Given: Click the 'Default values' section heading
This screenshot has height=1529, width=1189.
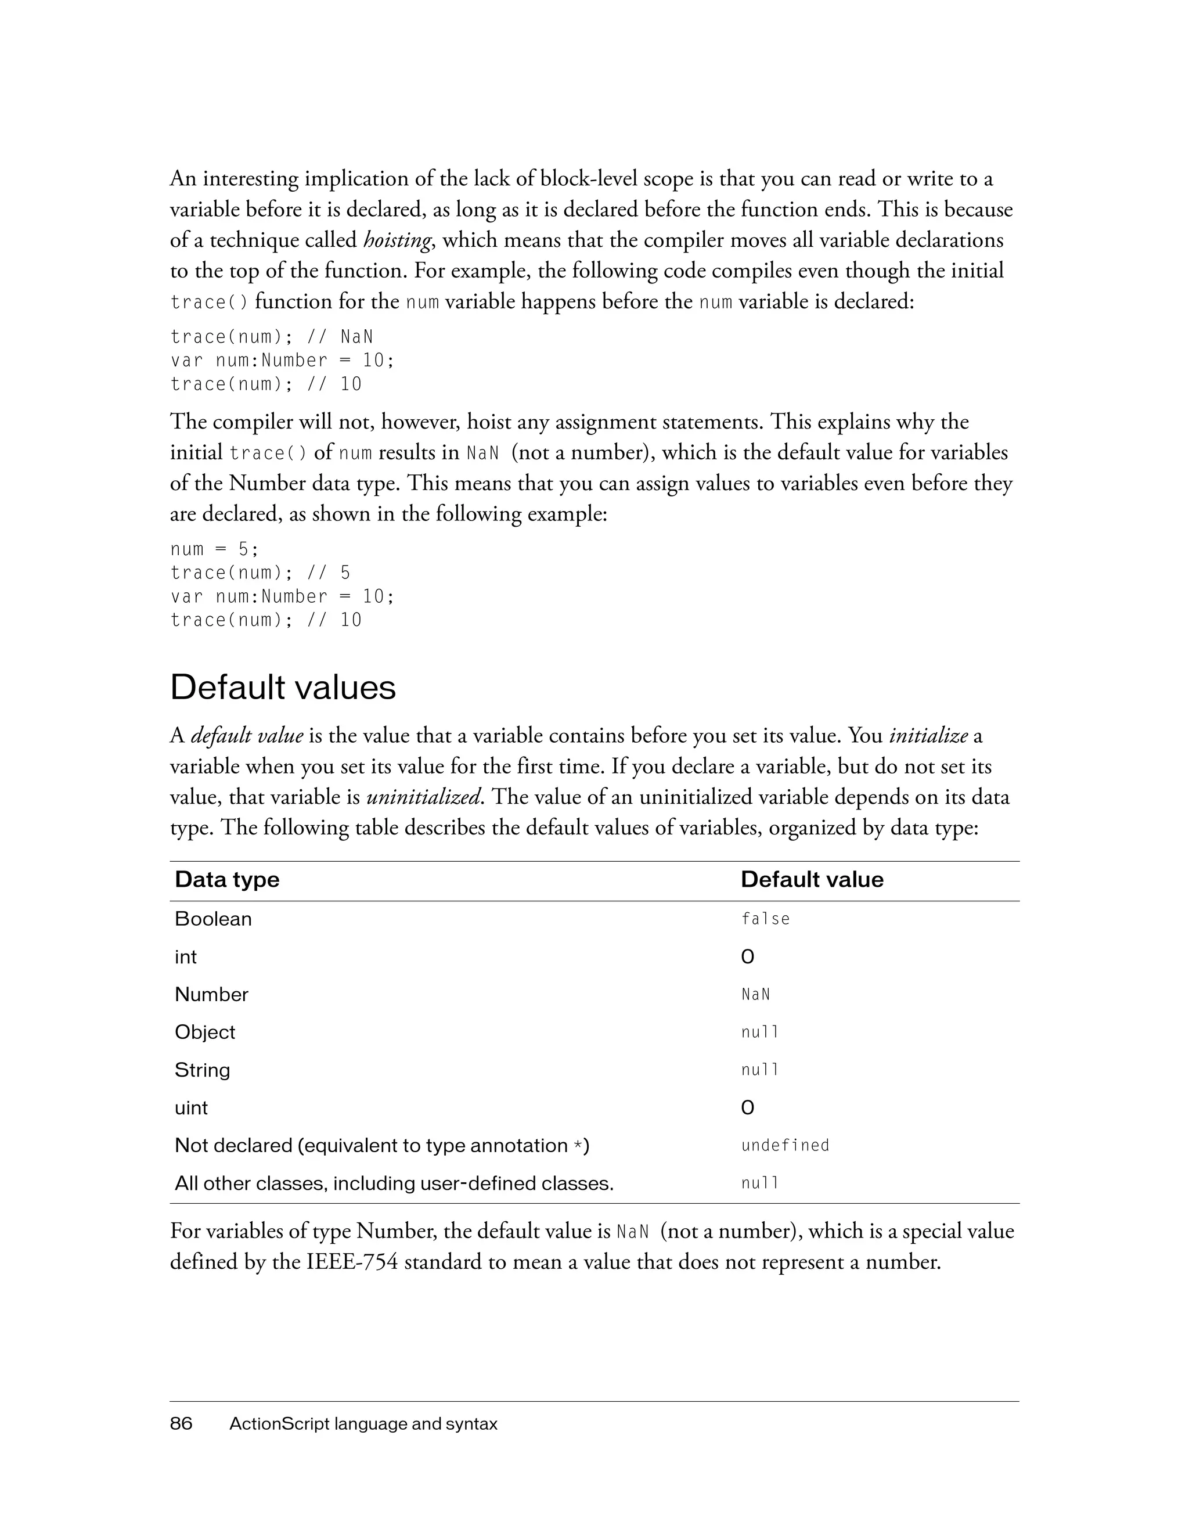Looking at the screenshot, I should click(x=283, y=687).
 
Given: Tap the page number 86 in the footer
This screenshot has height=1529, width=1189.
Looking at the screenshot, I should click(x=181, y=1423).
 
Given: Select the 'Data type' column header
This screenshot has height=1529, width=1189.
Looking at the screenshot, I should click(x=227, y=879).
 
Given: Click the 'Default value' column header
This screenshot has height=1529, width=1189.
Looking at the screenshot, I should click(x=812, y=879).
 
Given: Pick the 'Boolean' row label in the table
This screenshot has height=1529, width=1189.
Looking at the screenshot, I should click(x=212, y=919).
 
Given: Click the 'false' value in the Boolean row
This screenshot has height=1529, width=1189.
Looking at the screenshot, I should click(x=765, y=919).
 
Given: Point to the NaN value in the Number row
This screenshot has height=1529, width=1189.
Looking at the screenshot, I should click(x=755, y=994).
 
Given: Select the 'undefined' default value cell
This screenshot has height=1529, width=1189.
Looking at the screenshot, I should click(x=784, y=1145).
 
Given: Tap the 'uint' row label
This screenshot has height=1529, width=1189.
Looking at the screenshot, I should click(x=191, y=1107).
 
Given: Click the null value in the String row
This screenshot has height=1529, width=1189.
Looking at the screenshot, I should click(x=759, y=1070).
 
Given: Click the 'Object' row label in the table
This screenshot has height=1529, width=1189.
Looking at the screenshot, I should click(x=204, y=1032).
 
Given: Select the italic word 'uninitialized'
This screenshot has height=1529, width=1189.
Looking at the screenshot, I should click(x=424, y=797).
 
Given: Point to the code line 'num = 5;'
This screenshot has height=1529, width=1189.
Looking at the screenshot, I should click(x=214, y=549).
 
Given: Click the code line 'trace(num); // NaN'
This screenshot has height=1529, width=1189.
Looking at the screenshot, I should click(x=272, y=337).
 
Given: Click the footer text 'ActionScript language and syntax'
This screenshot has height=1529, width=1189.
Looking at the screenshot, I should click(x=363, y=1423).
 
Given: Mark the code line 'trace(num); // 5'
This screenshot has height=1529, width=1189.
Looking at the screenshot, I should click(x=260, y=573).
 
